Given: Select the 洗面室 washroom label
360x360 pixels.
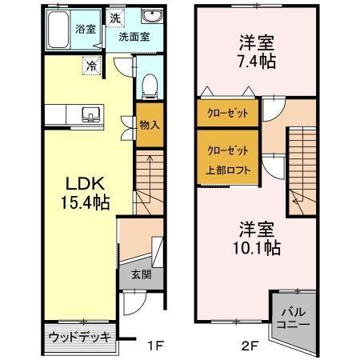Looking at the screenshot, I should click(134, 36).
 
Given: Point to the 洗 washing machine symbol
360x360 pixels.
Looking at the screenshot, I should click(115, 18).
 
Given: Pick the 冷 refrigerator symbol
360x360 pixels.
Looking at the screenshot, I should click(93, 67).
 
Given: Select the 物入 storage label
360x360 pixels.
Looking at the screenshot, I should click(149, 124).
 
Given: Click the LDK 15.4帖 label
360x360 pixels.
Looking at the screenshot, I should click(76, 190).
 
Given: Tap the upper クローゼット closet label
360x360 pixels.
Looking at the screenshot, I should click(227, 113).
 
